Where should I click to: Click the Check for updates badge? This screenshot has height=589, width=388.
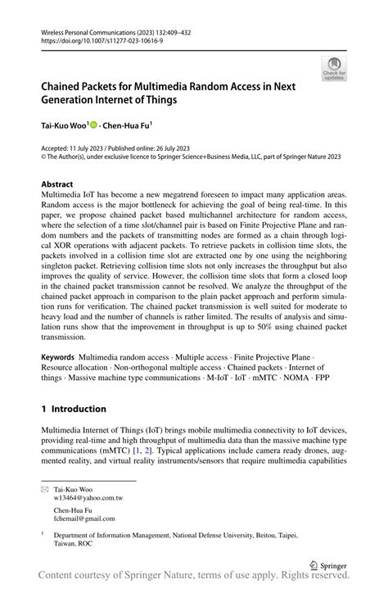click(334, 69)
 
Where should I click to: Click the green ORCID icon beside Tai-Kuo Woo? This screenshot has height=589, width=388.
click(93, 126)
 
